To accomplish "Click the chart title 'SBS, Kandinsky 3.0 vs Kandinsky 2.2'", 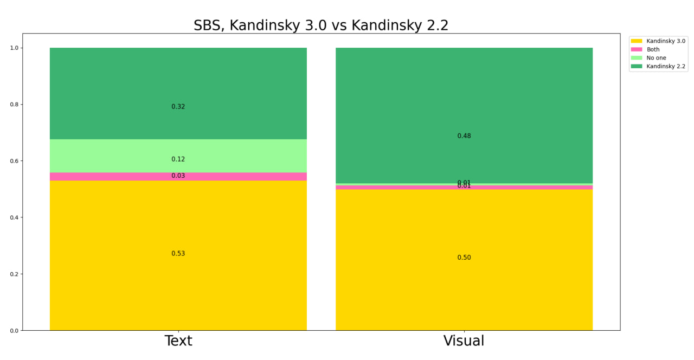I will point(321,25).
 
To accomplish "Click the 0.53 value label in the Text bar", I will point(178,254).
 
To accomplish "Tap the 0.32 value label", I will point(178,107).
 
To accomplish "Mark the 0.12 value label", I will point(178,159).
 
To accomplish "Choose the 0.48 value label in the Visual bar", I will point(464,136).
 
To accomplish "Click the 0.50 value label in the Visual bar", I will point(464,258).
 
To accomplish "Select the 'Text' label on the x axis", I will point(178,341).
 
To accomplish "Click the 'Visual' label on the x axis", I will point(464,341).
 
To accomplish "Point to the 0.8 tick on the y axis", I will point(14,105).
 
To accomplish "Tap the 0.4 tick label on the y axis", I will point(14,217).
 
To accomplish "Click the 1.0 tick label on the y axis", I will point(14,48).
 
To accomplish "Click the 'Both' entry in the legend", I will point(653,49).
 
